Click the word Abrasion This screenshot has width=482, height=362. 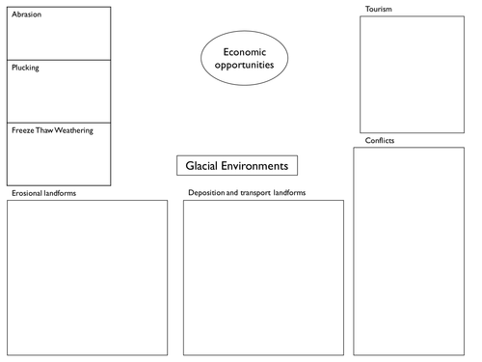[27, 14]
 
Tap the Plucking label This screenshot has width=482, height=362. [25, 68]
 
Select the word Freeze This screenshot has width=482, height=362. [23, 130]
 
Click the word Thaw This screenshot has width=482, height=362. [44, 130]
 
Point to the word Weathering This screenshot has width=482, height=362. [73, 130]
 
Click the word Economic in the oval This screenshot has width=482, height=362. [245, 52]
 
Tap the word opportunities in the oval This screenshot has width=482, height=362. [244, 65]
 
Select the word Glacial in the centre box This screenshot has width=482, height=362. [201, 166]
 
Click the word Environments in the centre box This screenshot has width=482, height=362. [254, 166]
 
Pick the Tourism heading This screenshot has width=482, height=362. [379, 9]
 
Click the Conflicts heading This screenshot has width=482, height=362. [380, 140]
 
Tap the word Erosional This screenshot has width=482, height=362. [27, 193]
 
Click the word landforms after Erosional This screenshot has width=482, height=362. [60, 193]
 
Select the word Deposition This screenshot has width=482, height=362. [206, 193]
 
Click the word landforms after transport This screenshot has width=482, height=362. [289, 193]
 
